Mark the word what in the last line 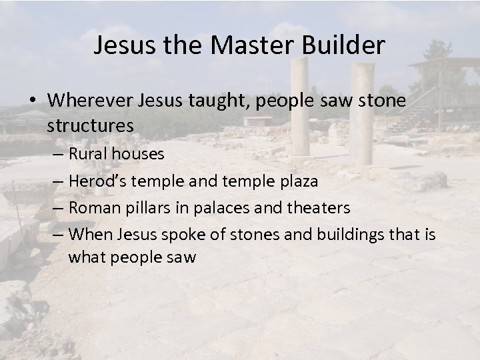coord(85,256)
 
